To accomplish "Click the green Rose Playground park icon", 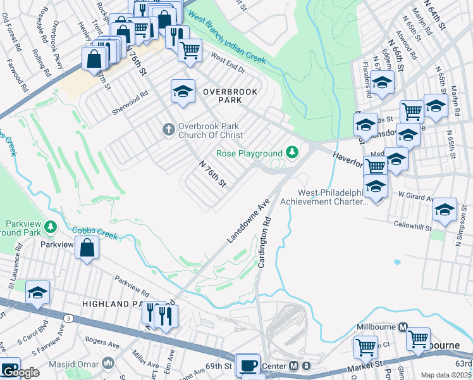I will (x=292, y=153).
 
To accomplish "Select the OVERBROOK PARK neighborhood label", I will (x=230, y=96).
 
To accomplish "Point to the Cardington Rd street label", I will (x=265, y=243).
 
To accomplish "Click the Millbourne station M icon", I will (x=402, y=327).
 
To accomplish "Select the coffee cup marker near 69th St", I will (x=248, y=366).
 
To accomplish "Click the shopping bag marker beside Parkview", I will (x=87, y=248).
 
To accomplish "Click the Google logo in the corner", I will (x=20, y=372).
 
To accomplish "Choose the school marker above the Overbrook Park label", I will (x=183, y=91).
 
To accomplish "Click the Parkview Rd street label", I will (x=132, y=287).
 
